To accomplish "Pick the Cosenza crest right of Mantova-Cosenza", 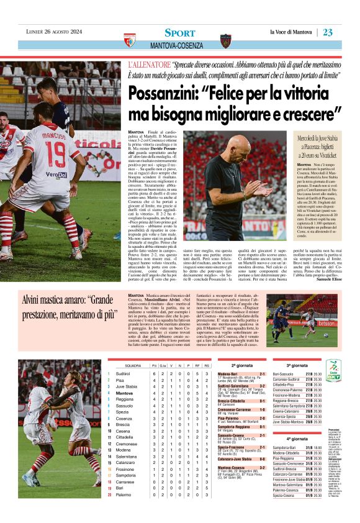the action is [x=225, y=41].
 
